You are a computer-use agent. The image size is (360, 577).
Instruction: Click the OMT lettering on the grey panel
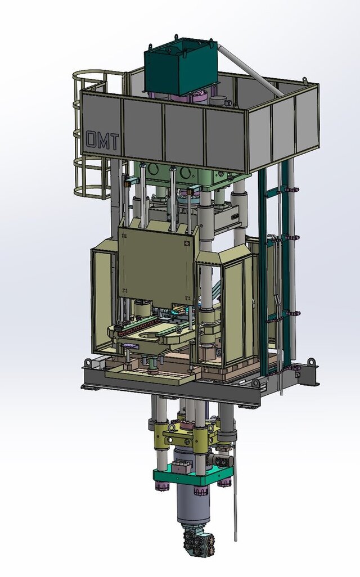click(103, 141)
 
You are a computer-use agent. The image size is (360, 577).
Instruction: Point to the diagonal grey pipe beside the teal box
click(250, 70)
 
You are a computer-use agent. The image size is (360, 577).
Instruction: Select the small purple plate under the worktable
click(130, 345)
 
